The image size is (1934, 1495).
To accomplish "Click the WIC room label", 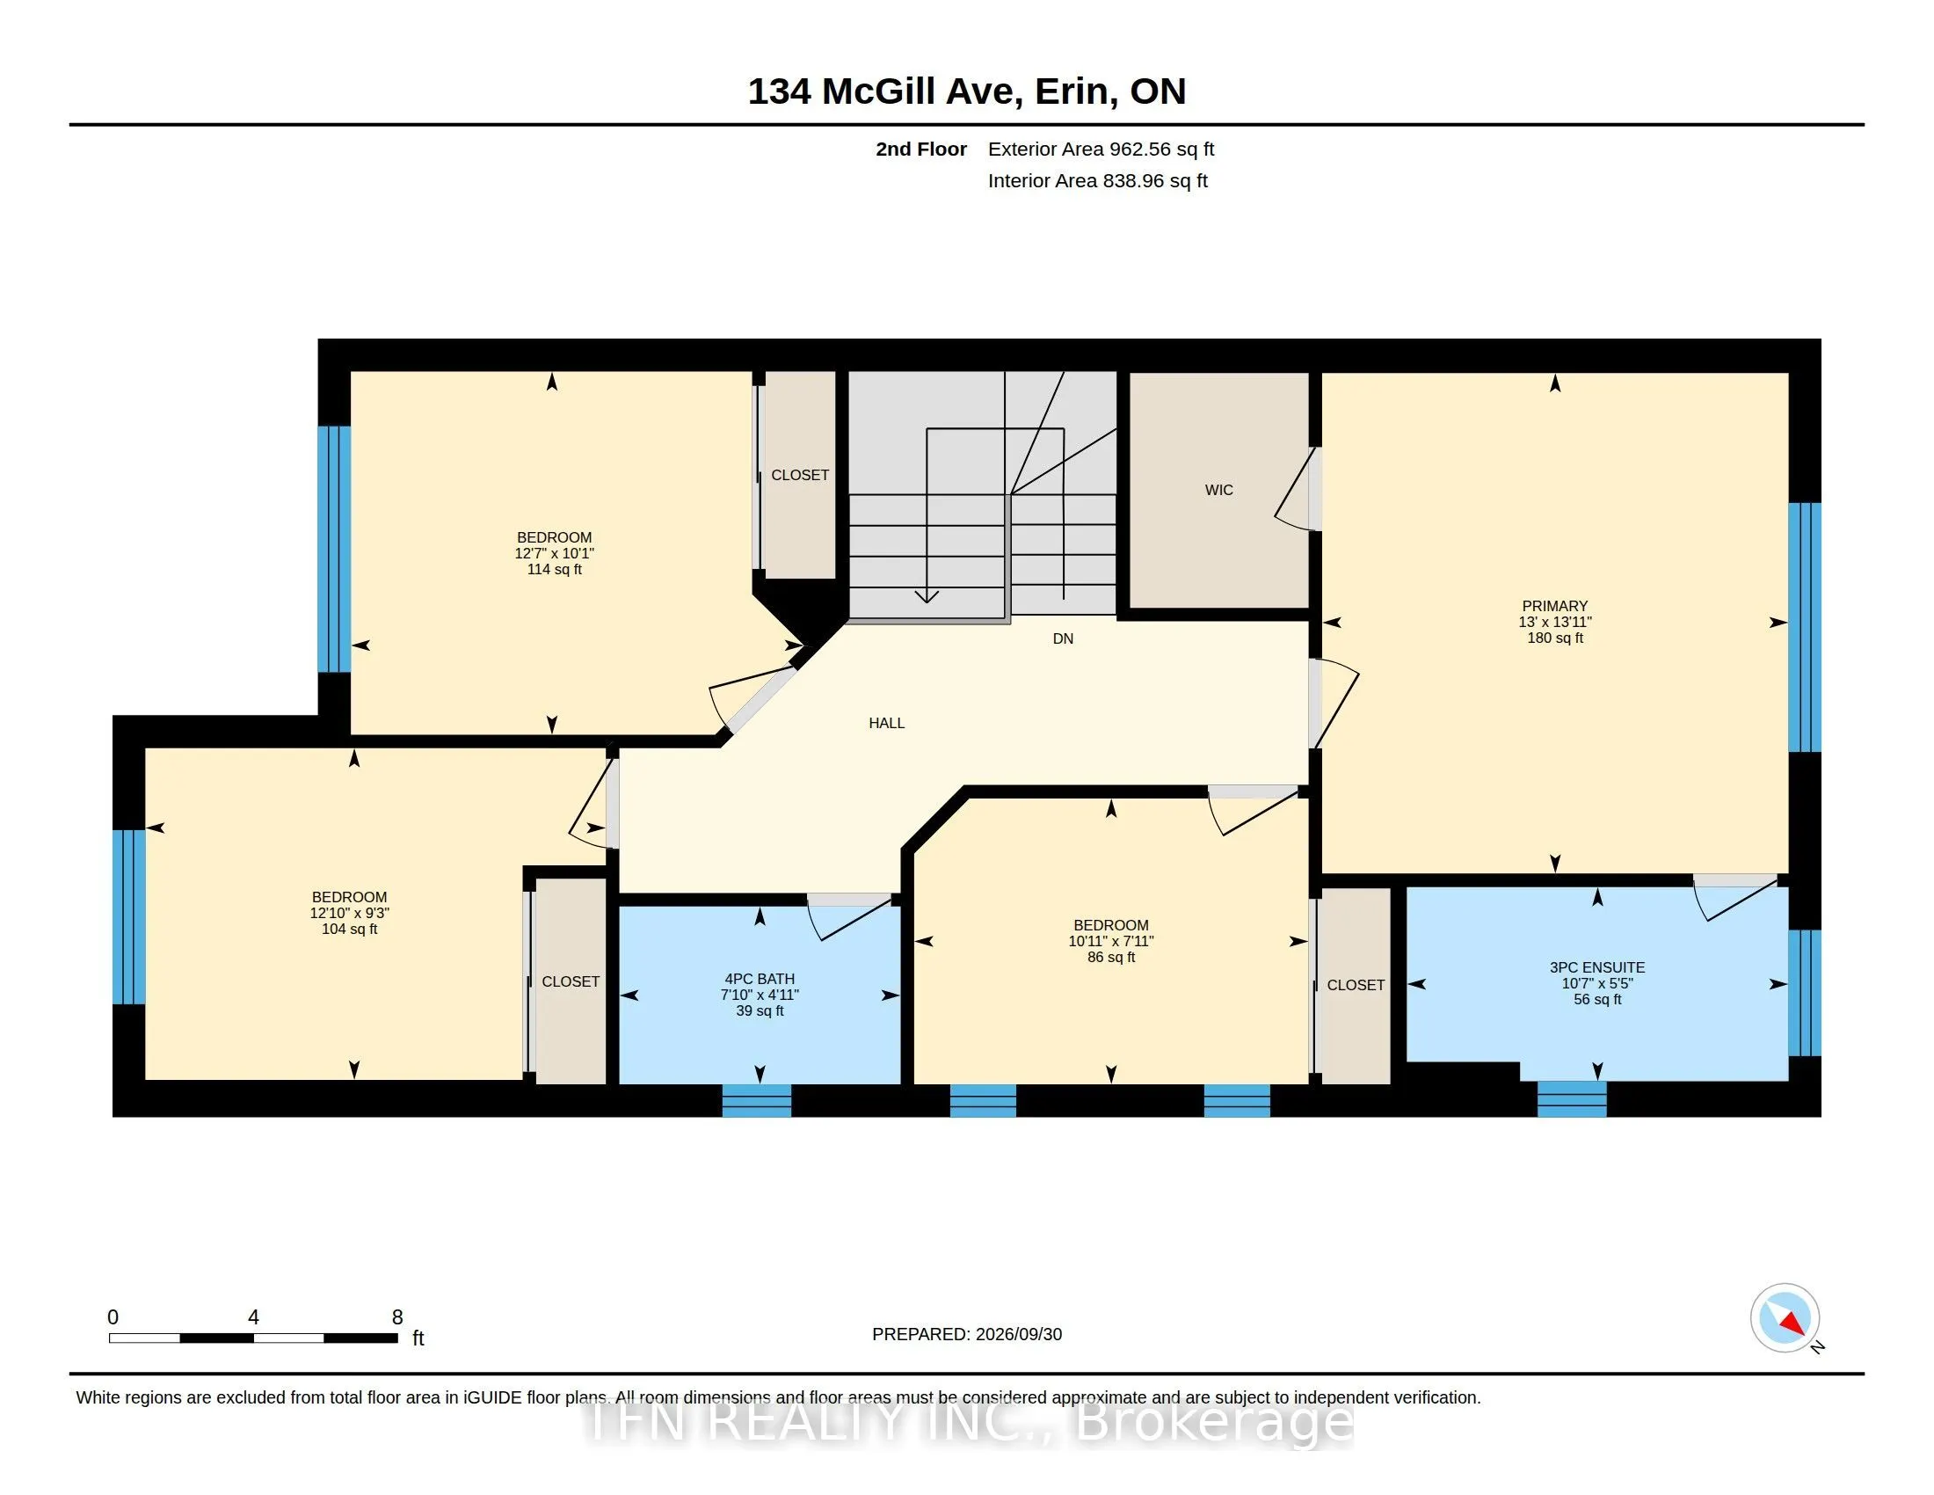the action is click(1218, 490).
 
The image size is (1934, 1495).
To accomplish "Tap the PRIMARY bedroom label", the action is click(1555, 606).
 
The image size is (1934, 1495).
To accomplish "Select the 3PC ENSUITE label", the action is click(1597, 967).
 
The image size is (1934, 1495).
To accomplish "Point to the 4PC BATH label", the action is click(760, 979).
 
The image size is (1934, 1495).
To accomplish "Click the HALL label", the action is click(886, 723).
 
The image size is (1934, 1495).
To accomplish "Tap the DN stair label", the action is click(1063, 638).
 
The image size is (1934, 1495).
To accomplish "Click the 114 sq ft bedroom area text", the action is click(555, 570).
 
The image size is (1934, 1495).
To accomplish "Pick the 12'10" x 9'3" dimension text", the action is click(350, 913).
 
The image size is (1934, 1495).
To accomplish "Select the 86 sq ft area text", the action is click(1111, 958).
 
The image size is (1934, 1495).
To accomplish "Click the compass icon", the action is click(1785, 1318).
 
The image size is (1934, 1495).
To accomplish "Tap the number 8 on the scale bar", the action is click(397, 1317).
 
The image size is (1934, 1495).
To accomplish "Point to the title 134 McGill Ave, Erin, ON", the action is click(967, 91).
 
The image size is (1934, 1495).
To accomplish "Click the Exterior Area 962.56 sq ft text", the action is click(1101, 149).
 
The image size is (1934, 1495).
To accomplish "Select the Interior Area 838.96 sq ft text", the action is click(1098, 180).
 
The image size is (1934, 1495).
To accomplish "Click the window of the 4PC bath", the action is click(757, 1101).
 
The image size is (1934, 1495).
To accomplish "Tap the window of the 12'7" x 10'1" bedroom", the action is click(335, 549).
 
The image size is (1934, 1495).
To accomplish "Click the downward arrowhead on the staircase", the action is click(927, 595).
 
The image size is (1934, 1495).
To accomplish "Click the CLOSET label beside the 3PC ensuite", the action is click(1356, 985).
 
